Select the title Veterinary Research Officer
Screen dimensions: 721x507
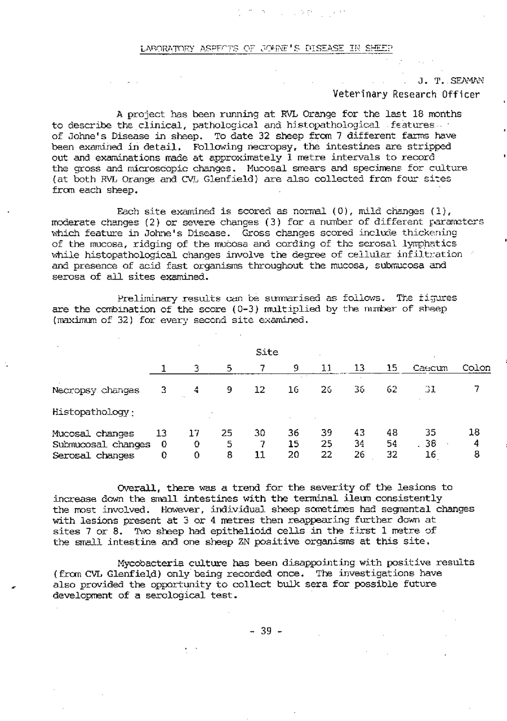406,94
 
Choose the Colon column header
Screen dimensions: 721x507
476,369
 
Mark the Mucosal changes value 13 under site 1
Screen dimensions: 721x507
161,434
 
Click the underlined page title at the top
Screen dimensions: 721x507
266,48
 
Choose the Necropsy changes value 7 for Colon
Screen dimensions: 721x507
477,389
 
